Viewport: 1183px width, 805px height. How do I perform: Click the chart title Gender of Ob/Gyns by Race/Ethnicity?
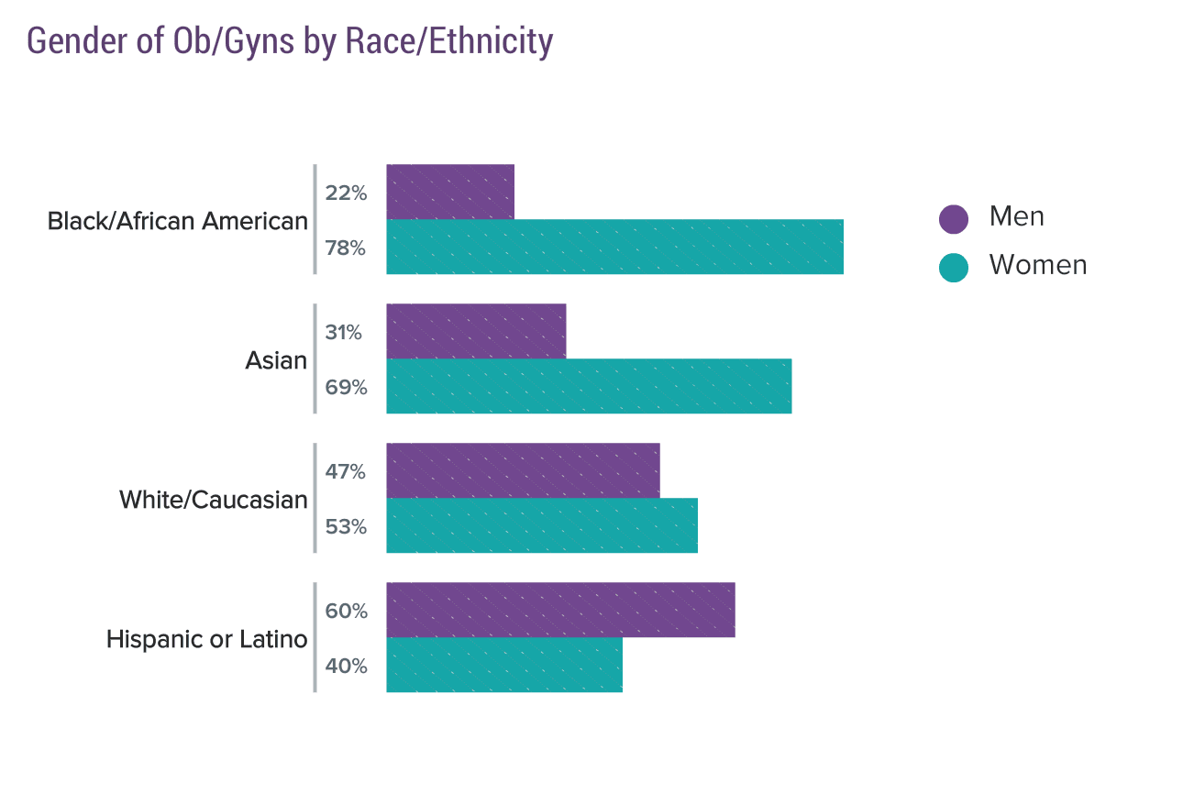pos(290,41)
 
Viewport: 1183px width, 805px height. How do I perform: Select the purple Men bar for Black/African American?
pos(450,192)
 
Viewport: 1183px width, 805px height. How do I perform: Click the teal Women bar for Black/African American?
pos(614,247)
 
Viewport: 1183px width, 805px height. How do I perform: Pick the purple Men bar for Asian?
pos(476,331)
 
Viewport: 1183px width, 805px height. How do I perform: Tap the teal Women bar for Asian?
pos(589,386)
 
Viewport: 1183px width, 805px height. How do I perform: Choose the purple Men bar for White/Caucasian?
pos(523,470)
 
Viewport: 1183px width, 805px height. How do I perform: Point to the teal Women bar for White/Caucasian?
pos(542,525)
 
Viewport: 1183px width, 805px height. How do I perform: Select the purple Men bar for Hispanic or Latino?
pos(561,610)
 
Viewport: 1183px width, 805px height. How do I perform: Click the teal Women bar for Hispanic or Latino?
pos(504,665)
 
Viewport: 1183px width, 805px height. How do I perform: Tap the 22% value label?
pos(346,193)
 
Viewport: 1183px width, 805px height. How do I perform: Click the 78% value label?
pos(346,248)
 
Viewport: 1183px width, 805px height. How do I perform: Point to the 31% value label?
pos(343,333)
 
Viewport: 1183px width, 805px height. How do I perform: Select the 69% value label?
pos(346,388)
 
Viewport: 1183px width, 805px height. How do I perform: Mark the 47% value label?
pos(346,472)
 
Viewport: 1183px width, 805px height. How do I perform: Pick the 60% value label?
pos(346,612)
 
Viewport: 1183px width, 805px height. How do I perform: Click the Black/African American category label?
pos(178,221)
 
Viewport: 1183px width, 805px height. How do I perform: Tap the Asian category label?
pos(276,360)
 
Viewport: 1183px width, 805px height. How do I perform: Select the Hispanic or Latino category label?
pos(207,639)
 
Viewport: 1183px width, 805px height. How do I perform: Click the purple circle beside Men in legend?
pos(953,218)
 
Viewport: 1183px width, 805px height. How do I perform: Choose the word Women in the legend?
pos(1038,265)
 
